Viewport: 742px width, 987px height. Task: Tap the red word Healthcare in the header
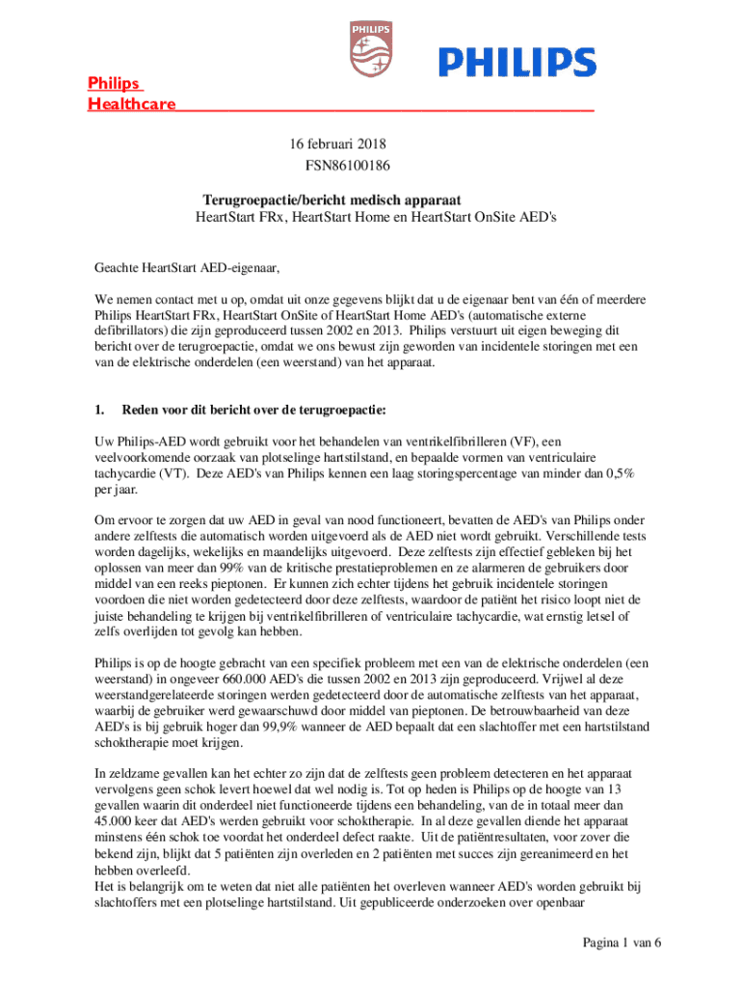[x=132, y=103]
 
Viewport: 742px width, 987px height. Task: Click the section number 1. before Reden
[x=99, y=410]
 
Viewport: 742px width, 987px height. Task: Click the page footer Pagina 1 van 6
[x=622, y=942]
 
